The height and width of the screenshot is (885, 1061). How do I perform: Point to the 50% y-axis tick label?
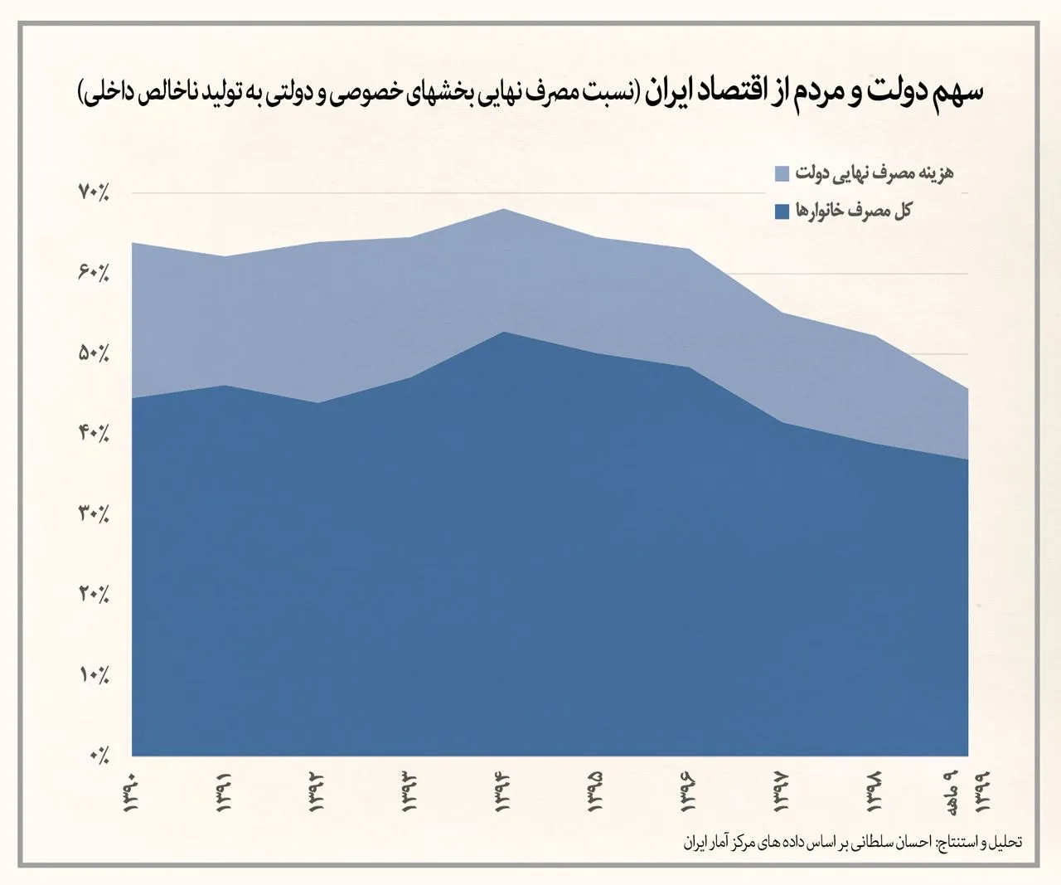click(x=94, y=353)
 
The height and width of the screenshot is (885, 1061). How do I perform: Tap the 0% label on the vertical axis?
click(x=99, y=756)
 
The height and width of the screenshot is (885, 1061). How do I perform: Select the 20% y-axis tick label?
click(x=94, y=595)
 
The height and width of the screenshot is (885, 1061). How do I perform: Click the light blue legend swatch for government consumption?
click(x=782, y=174)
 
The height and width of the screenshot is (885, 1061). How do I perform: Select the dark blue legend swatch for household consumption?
click(x=782, y=212)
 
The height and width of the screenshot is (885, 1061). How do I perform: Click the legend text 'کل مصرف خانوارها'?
click(x=854, y=211)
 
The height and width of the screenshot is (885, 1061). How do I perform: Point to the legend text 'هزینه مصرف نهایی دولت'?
click(x=874, y=173)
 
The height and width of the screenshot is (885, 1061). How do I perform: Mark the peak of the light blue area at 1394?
click(x=503, y=209)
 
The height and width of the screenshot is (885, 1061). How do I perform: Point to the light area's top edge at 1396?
click(x=689, y=249)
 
